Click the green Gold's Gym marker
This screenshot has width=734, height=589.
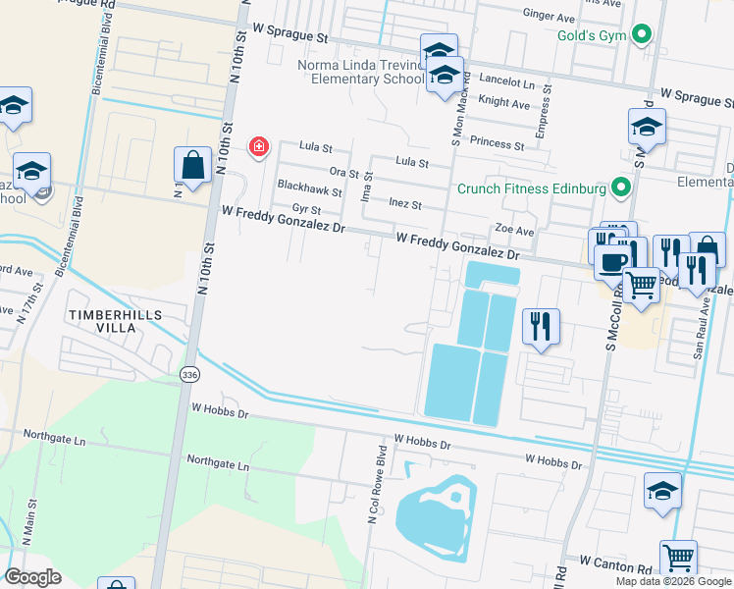pyautogui.click(x=642, y=36)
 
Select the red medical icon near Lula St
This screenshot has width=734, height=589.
pyautogui.click(x=258, y=147)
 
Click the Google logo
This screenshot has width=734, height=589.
pyautogui.click(x=32, y=577)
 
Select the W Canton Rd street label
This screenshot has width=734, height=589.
pyautogui.click(x=615, y=562)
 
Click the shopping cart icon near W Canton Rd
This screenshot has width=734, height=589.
pyautogui.click(x=678, y=560)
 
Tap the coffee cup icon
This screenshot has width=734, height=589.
pyautogui.click(x=613, y=262)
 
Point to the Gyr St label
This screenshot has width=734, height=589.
pyautogui.click(x=306, y=209)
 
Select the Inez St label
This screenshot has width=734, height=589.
pyautogui.click(x=404, y=204)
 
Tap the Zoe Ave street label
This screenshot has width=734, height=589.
pyautogui.click(x=513, y=231)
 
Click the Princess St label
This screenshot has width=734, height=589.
pyautogui.click(x=498, y=143)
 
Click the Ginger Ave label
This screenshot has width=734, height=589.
pyautogui.click(x=549, y=17)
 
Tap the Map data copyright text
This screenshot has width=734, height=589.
pyautogui.click(x=671, y=581)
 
